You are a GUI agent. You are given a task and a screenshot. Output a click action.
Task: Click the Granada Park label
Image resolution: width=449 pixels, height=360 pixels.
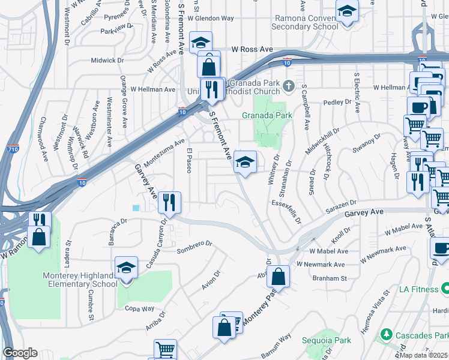(x=267, y=115)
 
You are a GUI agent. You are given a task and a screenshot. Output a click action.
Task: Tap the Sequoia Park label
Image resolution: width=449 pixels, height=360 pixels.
(x=334, y=340)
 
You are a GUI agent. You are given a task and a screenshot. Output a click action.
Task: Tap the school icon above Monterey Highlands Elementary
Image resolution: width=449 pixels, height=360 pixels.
(x=126, y=268)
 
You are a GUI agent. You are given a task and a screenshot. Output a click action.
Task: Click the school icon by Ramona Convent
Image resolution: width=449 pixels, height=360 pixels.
(x=346, y=11)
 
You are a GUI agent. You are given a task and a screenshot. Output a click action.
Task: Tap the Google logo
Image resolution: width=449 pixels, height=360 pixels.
(x=20, y=353)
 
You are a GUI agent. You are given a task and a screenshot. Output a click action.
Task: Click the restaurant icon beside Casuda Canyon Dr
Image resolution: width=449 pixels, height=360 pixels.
(x=170, y=203)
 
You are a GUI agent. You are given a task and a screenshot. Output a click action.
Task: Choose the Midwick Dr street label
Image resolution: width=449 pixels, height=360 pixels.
(x=107, y=61)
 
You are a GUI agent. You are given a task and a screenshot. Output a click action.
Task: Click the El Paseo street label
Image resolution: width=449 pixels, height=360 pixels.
(x=189, y=160)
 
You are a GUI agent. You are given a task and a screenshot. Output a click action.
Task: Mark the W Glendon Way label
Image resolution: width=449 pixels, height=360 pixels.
(x=210, y=19)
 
